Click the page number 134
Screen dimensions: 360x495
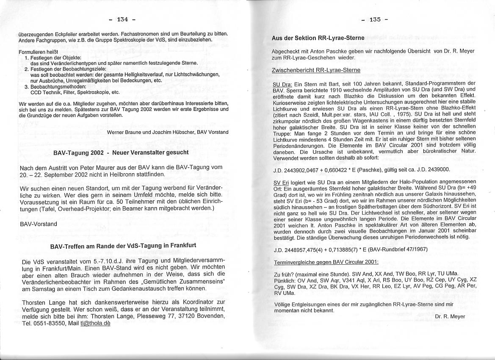tap(122, 19)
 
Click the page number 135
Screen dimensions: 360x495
tap(375, 19)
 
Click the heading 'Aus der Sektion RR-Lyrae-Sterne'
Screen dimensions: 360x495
tap(318, 38)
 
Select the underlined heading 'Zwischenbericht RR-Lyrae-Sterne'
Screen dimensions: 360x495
tap(316, 70)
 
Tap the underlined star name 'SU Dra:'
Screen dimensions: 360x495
tap(282, 83)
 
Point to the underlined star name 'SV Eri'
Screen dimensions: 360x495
tap(280, 182)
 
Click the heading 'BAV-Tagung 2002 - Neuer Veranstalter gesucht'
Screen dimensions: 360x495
tap(121, 152)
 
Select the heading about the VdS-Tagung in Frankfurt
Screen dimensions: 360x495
tap(123, 246)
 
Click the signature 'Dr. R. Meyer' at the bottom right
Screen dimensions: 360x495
tap(450, 316)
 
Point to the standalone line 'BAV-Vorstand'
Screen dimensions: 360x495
tap(39, 224)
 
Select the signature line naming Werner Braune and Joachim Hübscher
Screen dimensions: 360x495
tap(168, 132)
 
